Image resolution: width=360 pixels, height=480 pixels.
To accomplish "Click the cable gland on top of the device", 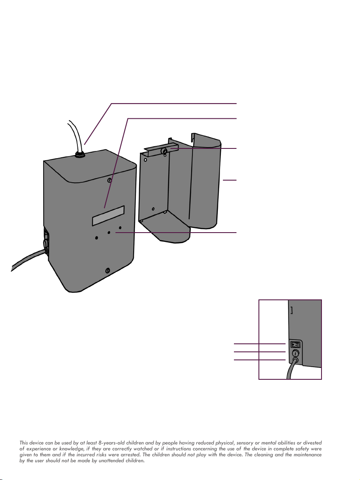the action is [79, 154].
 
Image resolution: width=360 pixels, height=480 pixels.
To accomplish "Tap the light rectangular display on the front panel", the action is [108, 215].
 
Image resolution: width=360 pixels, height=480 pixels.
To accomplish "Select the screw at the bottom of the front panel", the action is [108, 270].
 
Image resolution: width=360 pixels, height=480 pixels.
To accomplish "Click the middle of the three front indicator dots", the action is [109, 233].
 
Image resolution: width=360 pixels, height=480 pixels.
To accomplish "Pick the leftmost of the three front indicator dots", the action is [97, 238].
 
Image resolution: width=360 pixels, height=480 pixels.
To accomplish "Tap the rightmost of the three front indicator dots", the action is [120, 228].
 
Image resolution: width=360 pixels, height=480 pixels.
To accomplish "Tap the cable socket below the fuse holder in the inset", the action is [295, 360].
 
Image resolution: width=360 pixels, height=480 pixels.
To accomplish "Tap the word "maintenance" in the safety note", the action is [305, 455].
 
